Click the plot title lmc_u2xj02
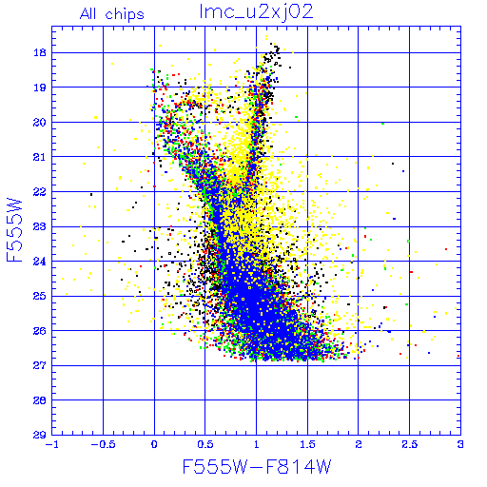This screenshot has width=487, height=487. [256, 12]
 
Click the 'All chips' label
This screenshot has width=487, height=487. [112, 14]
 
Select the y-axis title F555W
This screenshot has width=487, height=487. [14, 230]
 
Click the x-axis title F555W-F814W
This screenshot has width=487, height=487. [257, 467]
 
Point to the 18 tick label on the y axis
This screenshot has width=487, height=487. [40, 52]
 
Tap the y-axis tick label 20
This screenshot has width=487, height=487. [40, 122]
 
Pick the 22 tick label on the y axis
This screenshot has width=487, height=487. [40, 191]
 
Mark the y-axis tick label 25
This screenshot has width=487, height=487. [40, 296]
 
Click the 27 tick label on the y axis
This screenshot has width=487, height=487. [40, 365]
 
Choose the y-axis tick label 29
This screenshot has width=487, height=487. [40, 435]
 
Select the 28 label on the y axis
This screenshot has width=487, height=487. [40, 400]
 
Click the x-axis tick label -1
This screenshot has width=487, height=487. [52, 444]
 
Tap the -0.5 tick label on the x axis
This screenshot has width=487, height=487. [103, 444]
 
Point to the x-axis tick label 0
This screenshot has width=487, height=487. [154, 444]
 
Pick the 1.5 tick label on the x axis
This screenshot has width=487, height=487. [307, 444]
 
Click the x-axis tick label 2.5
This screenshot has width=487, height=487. [410, 444]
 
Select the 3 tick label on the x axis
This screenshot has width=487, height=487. [460, 444]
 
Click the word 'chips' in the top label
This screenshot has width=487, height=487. [125, 15]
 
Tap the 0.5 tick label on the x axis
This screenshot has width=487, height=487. [205, 444]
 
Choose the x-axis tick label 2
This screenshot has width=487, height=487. [359, 444]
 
